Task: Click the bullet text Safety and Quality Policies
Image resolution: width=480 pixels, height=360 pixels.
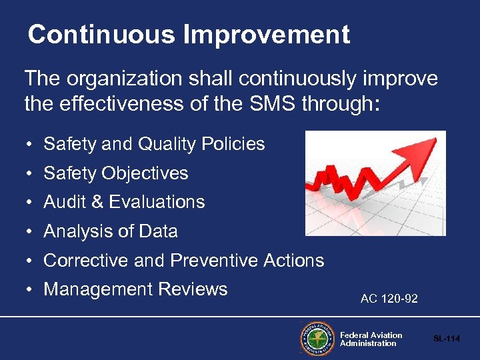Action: tap(154, 144)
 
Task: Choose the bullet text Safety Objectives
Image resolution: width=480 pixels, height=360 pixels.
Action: tap(116, 173)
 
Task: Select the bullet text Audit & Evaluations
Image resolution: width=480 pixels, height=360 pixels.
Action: tap(124, 202)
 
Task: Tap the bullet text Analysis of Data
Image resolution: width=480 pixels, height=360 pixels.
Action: tap(111, 231)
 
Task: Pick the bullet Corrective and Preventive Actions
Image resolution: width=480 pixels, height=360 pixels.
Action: tap(184, 260)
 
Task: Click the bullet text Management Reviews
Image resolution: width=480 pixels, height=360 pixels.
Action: tap(135, 289)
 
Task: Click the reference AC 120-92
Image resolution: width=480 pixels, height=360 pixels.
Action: tap(389, 299)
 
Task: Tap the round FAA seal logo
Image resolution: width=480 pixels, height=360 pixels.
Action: tap(317, 339)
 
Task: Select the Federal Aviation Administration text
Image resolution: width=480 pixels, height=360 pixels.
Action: tap(371, 339)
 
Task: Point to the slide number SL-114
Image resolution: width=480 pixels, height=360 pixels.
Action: tap(447, 339)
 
